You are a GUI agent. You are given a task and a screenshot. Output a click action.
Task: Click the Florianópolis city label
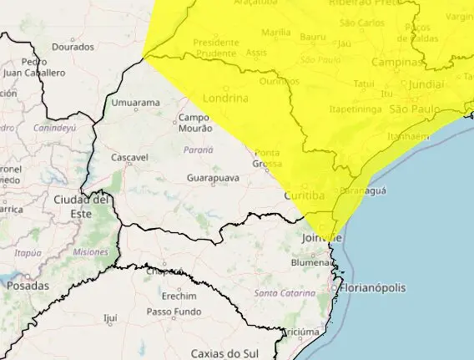(373, 288)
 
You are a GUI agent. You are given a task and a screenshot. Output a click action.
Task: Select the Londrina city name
(225, 97)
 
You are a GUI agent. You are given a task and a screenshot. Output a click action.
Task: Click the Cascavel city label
(129, 157)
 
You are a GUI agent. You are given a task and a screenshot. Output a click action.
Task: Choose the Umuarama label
(135, 103)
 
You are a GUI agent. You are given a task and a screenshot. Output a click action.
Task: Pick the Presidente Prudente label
(215, 48)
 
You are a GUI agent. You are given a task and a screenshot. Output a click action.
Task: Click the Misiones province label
(90, 251)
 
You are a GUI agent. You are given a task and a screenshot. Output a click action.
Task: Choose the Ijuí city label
(110, 318)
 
